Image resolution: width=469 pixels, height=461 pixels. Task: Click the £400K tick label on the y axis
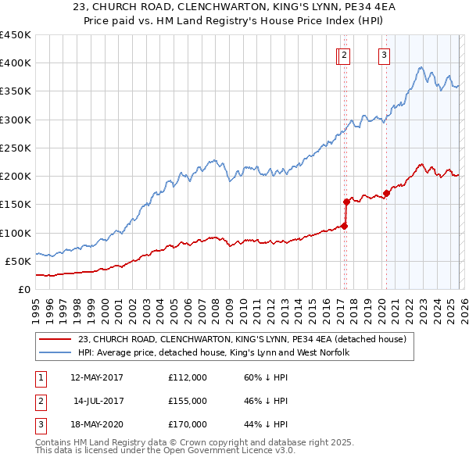[x=16, y=63]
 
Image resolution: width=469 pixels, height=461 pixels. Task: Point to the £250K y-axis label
[x=16, y=148]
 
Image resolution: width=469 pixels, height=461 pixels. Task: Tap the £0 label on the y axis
[x=23, y=289]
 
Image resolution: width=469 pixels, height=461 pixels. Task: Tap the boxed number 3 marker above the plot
[x=385, y=55]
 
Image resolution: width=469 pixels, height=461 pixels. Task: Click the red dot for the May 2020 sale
[x=386, y=193]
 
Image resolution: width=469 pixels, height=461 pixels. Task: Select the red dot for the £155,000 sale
[x=346, y=201]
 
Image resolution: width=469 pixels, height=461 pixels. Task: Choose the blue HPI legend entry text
[x=213, y=353]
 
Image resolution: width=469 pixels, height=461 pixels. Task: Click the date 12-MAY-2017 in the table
[x=96, y=377]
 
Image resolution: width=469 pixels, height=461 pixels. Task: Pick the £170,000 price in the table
[x=188, y=424]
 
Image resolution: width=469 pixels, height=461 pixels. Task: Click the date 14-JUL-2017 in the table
[x=96, y=401]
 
